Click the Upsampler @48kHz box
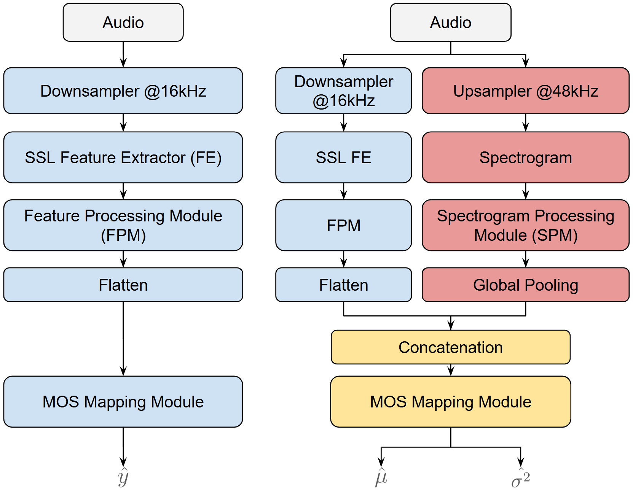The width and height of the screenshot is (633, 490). coord(525,91)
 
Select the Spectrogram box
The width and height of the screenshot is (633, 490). coord(525,157)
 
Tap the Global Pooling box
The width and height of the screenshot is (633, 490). coord(525,285)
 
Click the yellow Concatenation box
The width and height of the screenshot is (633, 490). coord(450,347)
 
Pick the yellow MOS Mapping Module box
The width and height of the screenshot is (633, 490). coord(450,402)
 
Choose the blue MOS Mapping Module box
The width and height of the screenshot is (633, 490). coord(123,402)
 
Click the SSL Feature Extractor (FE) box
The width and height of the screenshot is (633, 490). coord(123,157)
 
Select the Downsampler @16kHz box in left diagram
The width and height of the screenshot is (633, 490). coord(123,91)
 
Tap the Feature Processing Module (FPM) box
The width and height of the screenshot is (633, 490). coord(123,225)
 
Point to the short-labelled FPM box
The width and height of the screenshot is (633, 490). coord(343,225)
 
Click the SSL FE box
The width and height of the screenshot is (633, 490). coord(343,157)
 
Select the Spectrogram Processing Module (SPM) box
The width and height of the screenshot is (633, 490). coord(525,225)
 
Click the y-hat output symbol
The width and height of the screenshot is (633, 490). coord(123,477)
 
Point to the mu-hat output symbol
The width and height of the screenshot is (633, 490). coord(381,477)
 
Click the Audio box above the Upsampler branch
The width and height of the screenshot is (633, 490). coord(450,22)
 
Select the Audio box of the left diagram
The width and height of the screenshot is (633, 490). coord(123,22)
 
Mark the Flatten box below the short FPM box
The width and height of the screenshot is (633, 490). coord(343,285)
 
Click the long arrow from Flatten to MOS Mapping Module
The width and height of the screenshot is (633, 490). coord(123,339)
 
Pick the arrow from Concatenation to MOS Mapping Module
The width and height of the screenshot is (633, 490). coord(451,370)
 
